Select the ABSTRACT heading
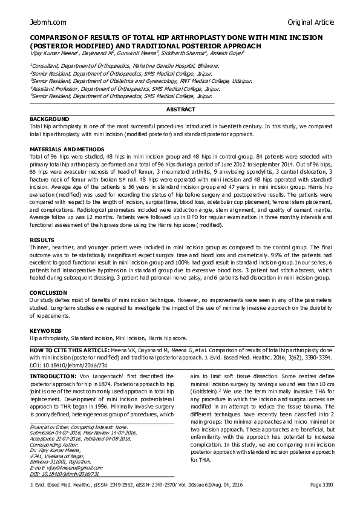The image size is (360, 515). (181, 109)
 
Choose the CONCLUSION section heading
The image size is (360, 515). (50, 292)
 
